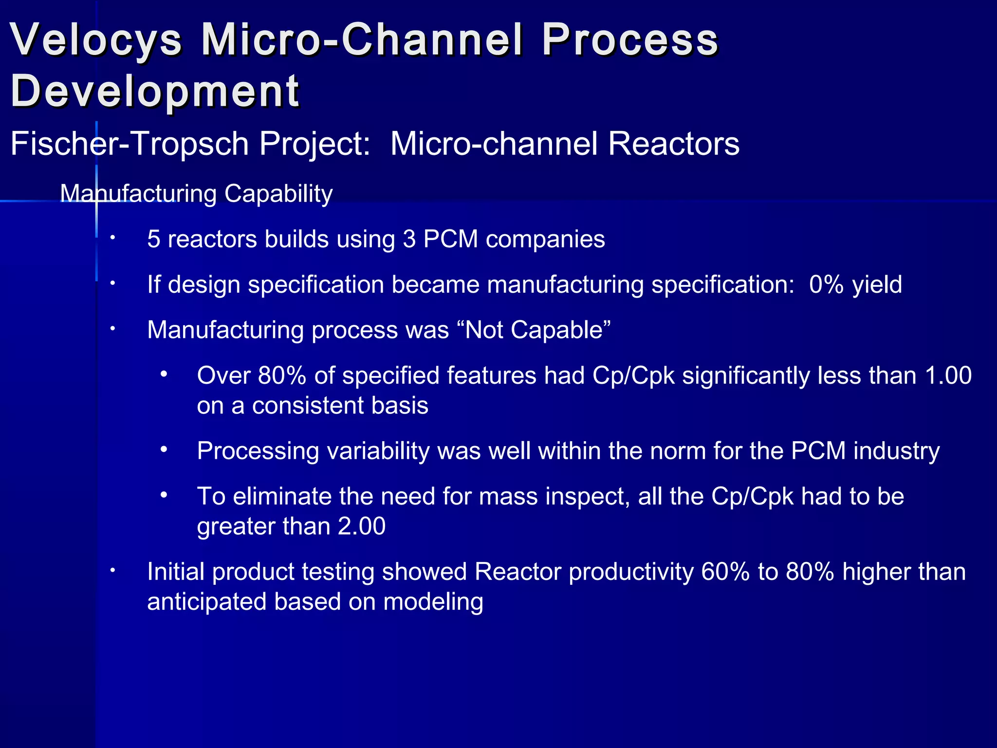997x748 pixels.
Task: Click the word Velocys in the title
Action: pos(96,40)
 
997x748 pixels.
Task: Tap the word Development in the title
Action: pos(155,92)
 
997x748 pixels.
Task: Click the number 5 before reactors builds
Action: pos(153,240)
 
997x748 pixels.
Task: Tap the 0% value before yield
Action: pos(826,285)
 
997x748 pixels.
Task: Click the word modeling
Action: pos(433,602)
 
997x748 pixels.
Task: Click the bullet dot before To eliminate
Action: pos(164,496)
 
